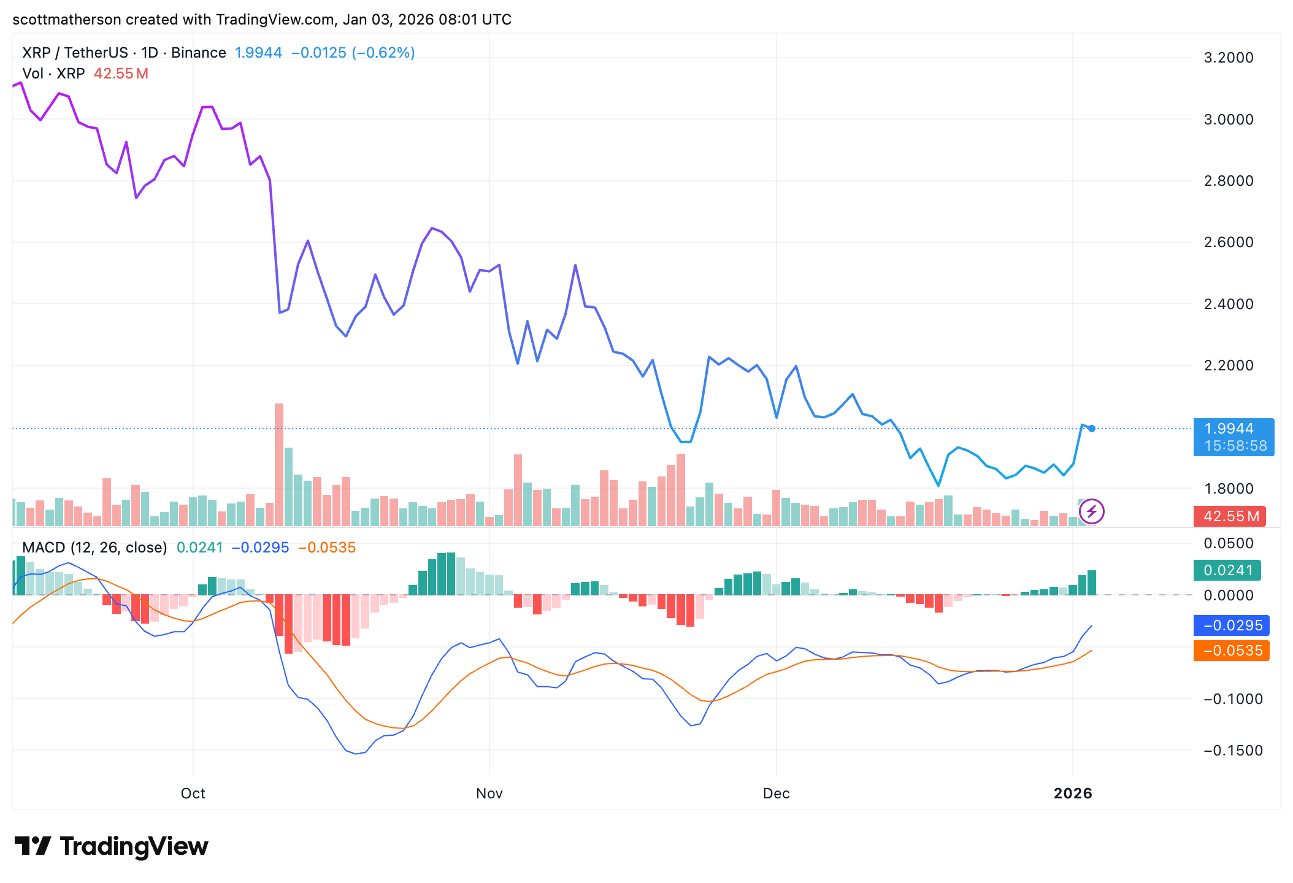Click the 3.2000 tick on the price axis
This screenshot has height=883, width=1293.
(1228, 58)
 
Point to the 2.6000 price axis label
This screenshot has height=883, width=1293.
(1228, 242)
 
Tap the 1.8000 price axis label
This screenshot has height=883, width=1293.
(1228, 489)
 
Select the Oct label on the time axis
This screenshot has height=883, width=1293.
(193, 793)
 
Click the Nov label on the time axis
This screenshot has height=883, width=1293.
(489, 793)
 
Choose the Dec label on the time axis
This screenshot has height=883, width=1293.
(776, 793)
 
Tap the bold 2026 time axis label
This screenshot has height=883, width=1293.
(1073, 793)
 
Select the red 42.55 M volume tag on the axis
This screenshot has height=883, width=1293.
(1231, 516)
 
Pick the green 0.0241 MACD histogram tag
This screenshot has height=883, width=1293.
(1227, 570)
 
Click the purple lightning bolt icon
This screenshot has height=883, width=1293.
(1092, 511)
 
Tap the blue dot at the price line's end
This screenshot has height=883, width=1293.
(1092, 429)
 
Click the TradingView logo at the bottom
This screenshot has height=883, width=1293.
(112, 847)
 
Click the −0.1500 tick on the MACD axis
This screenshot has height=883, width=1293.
(1233, 751)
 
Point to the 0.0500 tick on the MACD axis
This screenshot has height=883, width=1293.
(1228, 543)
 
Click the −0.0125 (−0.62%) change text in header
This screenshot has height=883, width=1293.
(353, 53)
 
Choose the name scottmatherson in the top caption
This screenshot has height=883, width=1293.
(67, 20)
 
